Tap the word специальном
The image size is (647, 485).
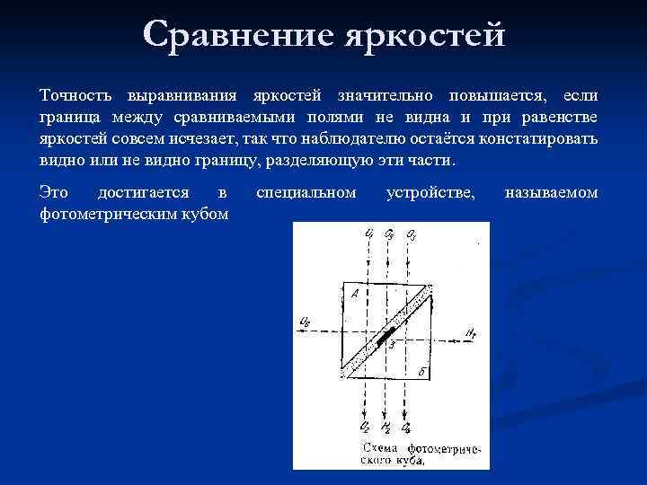(x=306, y=192)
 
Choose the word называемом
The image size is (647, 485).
(x=551, y=192)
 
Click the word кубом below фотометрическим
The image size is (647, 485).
(x=203, y=214)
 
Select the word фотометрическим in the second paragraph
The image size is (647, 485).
(x=109, y=214)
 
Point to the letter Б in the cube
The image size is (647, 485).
(x=421, y=370)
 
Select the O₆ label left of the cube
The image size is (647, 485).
(x=305, y=322)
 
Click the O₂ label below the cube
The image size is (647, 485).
(x=365, y=428)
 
